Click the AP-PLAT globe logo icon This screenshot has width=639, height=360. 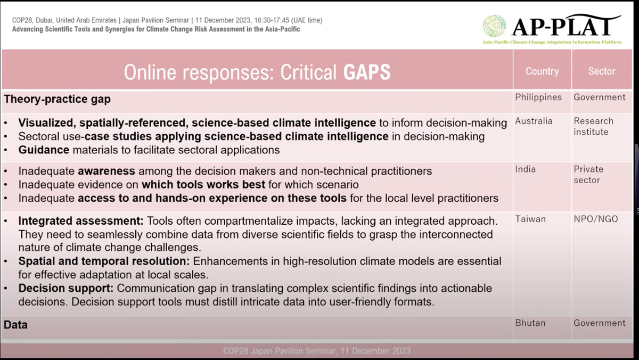pyautogui.click(x=494, y=26)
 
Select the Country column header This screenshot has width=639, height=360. pyautogui.click(x=542, y=71)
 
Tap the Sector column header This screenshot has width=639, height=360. pyautogui.click(x=602, y=71)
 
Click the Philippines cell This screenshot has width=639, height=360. pyautogui.click(x=538, y=97)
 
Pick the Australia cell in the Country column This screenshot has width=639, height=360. pyautogui.click(x=534, y=121)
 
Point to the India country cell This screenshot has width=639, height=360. pyautogui.click(x=526, y=169)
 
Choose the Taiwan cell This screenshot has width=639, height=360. pyautogui.click(x=530, y=219)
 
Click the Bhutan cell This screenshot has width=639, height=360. pyautogui.click(x=530, y=323)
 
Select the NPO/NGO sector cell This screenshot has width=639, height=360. pyautogui.click(x=596, y=219)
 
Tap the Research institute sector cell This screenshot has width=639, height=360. pyautogui.click(x=593, y=126)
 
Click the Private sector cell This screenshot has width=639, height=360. pyautogui.click(x=588, y=175)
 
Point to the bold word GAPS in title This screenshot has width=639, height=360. pyautogui.click(x=367, y=72)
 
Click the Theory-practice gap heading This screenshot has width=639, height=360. pyautogui.click(x=57, y=99)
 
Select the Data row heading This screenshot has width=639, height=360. pyautogui.click(x=15, y=325)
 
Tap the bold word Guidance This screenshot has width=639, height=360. pyautogui.click(x=44, y=150)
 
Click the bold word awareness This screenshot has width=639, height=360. pyautogui.click(x=106, y=171)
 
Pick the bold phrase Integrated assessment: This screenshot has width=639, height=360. pyautogui.click(x=81, y=221)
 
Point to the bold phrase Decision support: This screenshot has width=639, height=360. pyautogui.click(x=66, y=289)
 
